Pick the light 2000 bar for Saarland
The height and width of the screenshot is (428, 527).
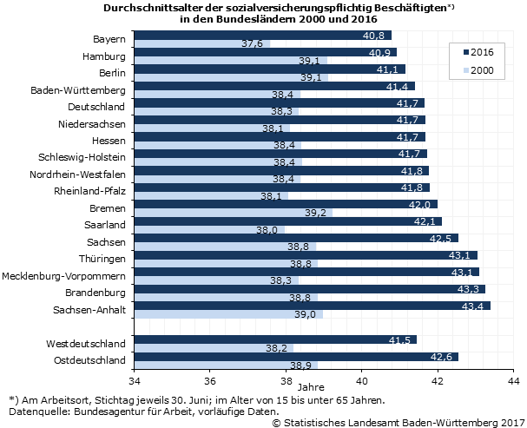(208, 229)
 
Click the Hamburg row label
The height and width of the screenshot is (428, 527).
(104, 56)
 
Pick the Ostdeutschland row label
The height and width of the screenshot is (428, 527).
(89, 359)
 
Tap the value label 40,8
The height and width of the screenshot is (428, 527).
(374, 36)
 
